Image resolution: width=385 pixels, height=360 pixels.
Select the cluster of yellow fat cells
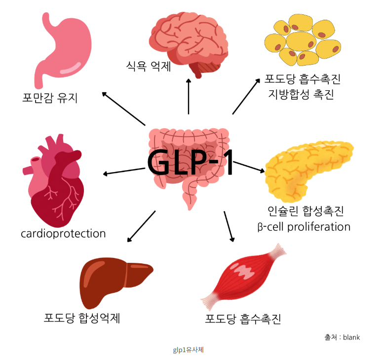(x=303, y=40)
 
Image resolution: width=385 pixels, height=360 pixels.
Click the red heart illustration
(x=54, y=181)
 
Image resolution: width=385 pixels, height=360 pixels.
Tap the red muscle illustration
(x=243, y=277)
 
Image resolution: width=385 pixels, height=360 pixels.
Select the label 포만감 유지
(x=50, y=98)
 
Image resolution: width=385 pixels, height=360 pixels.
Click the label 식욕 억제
(x=148, y=66)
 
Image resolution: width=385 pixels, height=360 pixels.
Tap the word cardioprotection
(x=63, y=234)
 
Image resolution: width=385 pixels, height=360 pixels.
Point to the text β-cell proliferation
(x=304, y=227)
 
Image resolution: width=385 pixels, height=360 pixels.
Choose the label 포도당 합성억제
(x=82, y=318)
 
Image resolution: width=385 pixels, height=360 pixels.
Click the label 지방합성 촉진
(x=301, y=94)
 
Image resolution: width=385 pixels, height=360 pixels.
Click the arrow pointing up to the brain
(x=189, y=97)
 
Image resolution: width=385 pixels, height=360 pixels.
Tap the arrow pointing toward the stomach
(x=123, y=108)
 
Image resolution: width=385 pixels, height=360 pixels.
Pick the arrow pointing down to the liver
(x=141, y=226)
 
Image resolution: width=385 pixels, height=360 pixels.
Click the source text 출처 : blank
(x=342, y=337)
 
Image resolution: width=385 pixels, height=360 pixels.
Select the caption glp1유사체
(x=189, y=350)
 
